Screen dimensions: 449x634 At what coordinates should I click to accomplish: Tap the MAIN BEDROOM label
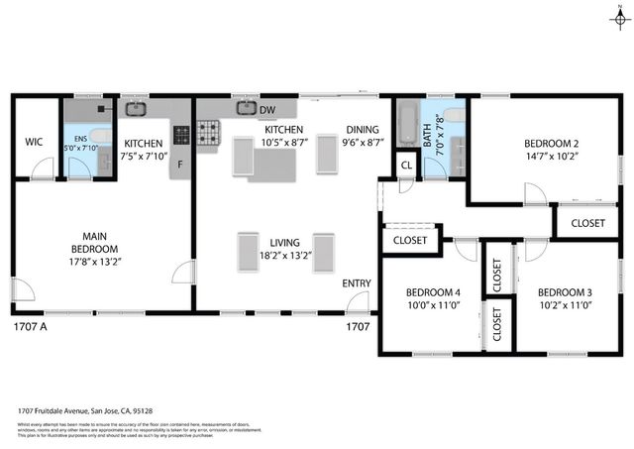[94, 242]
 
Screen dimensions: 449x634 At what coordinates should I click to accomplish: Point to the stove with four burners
[209, 133]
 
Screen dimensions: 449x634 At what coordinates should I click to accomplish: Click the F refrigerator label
[180, 165]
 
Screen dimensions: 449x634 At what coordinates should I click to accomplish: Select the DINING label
[362, 130]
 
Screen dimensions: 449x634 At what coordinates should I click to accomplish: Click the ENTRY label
[357, 283]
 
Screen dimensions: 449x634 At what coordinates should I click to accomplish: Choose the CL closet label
[406, 166]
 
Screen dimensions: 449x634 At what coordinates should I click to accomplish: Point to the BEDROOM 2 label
[551, 143]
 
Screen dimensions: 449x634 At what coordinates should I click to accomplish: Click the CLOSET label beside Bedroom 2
[587, 223]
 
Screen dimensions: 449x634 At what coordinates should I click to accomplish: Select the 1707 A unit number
[30, 325]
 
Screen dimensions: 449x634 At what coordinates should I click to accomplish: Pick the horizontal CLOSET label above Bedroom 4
[410, 240]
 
